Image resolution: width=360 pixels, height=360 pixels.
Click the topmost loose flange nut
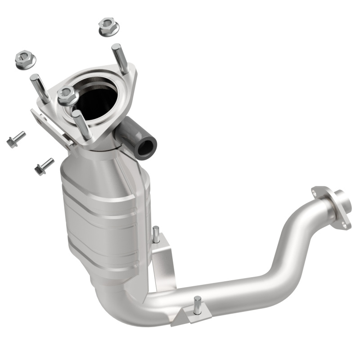click(108, 27)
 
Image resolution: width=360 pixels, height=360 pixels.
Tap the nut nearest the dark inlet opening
click(67, 94)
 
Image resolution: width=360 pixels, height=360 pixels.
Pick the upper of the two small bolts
click(16, 139)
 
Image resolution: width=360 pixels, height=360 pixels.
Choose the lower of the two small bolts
click(44, 166)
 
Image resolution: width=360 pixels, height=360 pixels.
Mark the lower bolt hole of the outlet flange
click(346, 223)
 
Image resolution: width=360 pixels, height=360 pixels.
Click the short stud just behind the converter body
click(156, 234)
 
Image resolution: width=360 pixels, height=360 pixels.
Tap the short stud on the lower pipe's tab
click(197, 304)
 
